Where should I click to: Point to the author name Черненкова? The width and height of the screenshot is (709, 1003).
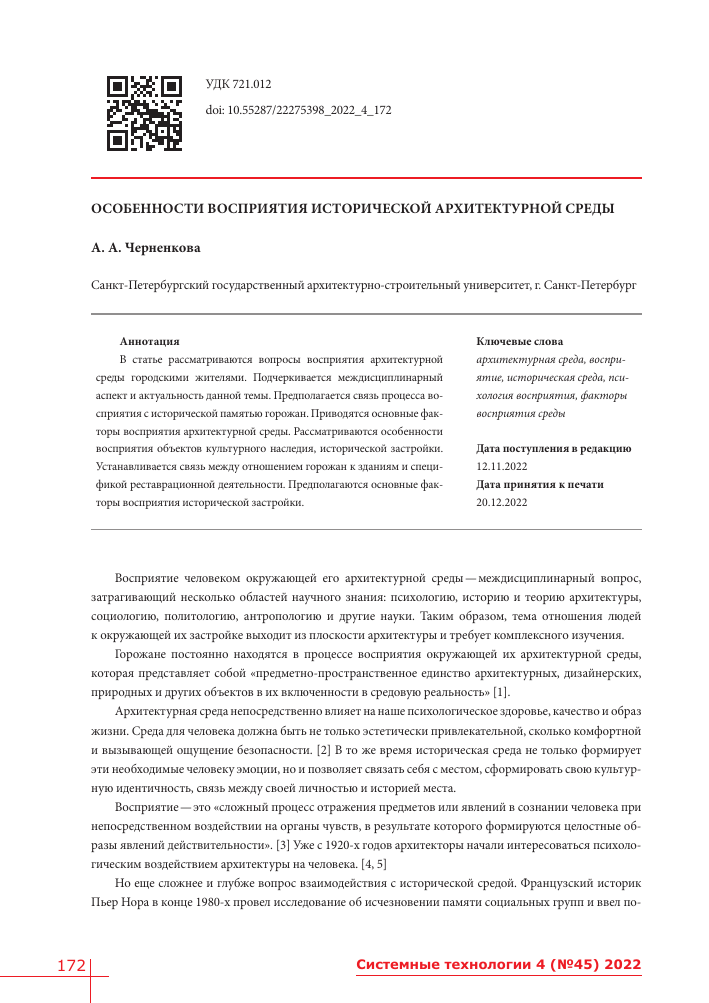[x=165, y=247]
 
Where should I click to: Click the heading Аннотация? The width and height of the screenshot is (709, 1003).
[x=149, y=341]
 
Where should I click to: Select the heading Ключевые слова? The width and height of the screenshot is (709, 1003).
[x=520, y=341]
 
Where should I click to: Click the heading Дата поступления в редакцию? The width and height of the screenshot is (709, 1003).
[x=554, y=448]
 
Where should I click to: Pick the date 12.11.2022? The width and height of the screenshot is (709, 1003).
[x=502, y=466]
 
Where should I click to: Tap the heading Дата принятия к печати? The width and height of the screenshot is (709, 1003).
[x=540, y=484]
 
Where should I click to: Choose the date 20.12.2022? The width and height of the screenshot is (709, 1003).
[x=502, y=502]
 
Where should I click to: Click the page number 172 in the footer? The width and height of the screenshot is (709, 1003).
[x=70, y=965]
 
